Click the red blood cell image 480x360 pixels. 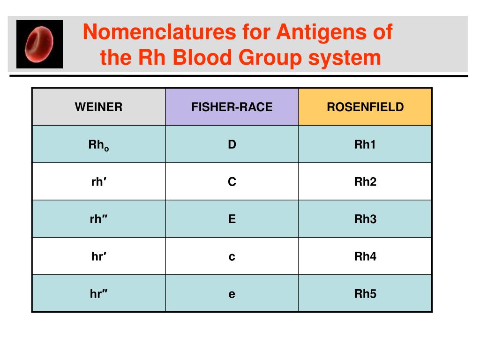[x=39, y=44]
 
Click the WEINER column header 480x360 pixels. [x=98, y=107]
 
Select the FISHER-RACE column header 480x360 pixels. [x=232, y=107]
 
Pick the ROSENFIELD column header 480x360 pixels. [x=365, y=107]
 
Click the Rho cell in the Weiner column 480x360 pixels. [x=98, y=145]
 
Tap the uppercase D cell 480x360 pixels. [x=232, y=144]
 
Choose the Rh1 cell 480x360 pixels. [x=365, y=144]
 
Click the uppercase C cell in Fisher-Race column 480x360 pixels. [x=232, y=182]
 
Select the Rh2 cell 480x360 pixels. [x=365, y=182]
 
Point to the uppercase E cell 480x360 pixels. [x=232, y=219]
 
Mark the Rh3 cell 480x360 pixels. [x=365, y=219]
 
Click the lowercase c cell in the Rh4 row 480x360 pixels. [x=232, y=257]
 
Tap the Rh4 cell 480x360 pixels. [x=365, y=256]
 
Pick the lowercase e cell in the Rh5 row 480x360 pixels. [x=232, y=294]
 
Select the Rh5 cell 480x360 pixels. [x=365, y=294]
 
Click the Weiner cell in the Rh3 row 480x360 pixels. [x=98, y=219]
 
